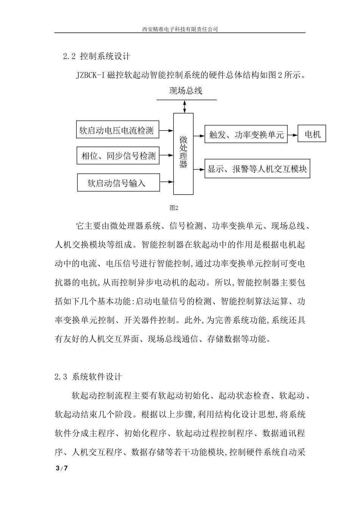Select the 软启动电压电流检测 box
pos(117,131)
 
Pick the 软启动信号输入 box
pos(117,183)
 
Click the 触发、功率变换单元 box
pos(246,134)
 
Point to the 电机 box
pos(312,134)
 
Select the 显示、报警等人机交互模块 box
pos(257,169)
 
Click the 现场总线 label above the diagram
pos(185,91)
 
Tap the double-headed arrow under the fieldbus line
pos(185,106)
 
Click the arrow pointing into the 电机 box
pos(293,134)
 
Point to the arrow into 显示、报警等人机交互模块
pos(199,169)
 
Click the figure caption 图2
pos(174,208)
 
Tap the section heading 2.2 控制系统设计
pos(97,56)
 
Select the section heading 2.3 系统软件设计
pos(88,377)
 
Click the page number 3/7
pos(62,468)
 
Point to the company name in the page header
pos(180,29)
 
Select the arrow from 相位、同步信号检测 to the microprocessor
pos(166,155)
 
